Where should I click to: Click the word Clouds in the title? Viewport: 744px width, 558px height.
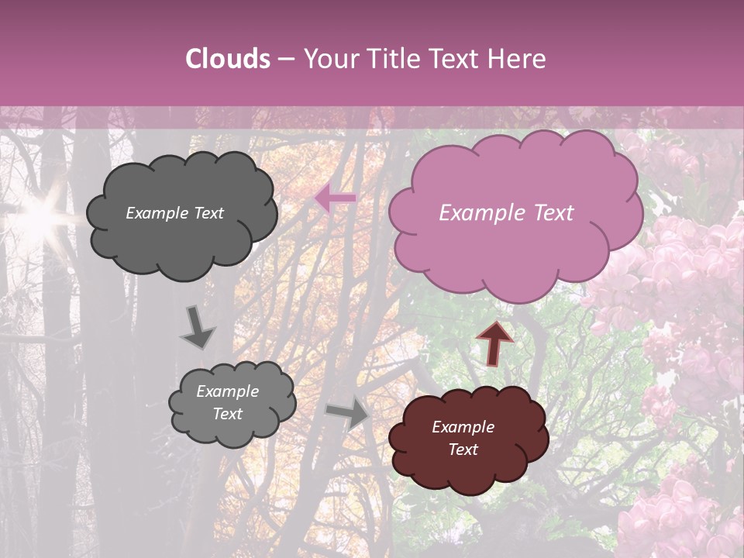[x=228, y=59]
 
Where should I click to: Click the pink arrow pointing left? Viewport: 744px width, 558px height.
[x=335, y=199]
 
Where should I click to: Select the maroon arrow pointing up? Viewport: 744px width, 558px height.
[x=494, y=342]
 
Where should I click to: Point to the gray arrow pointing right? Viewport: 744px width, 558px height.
[x=349, y=414]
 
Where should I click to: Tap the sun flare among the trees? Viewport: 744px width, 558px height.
[x=39, y=216]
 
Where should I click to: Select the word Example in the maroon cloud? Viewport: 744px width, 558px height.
[x=463, y=427]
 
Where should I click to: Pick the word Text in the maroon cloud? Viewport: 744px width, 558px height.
[x=463, y=449]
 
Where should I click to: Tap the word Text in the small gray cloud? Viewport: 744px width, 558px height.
[x=227, y=414]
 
